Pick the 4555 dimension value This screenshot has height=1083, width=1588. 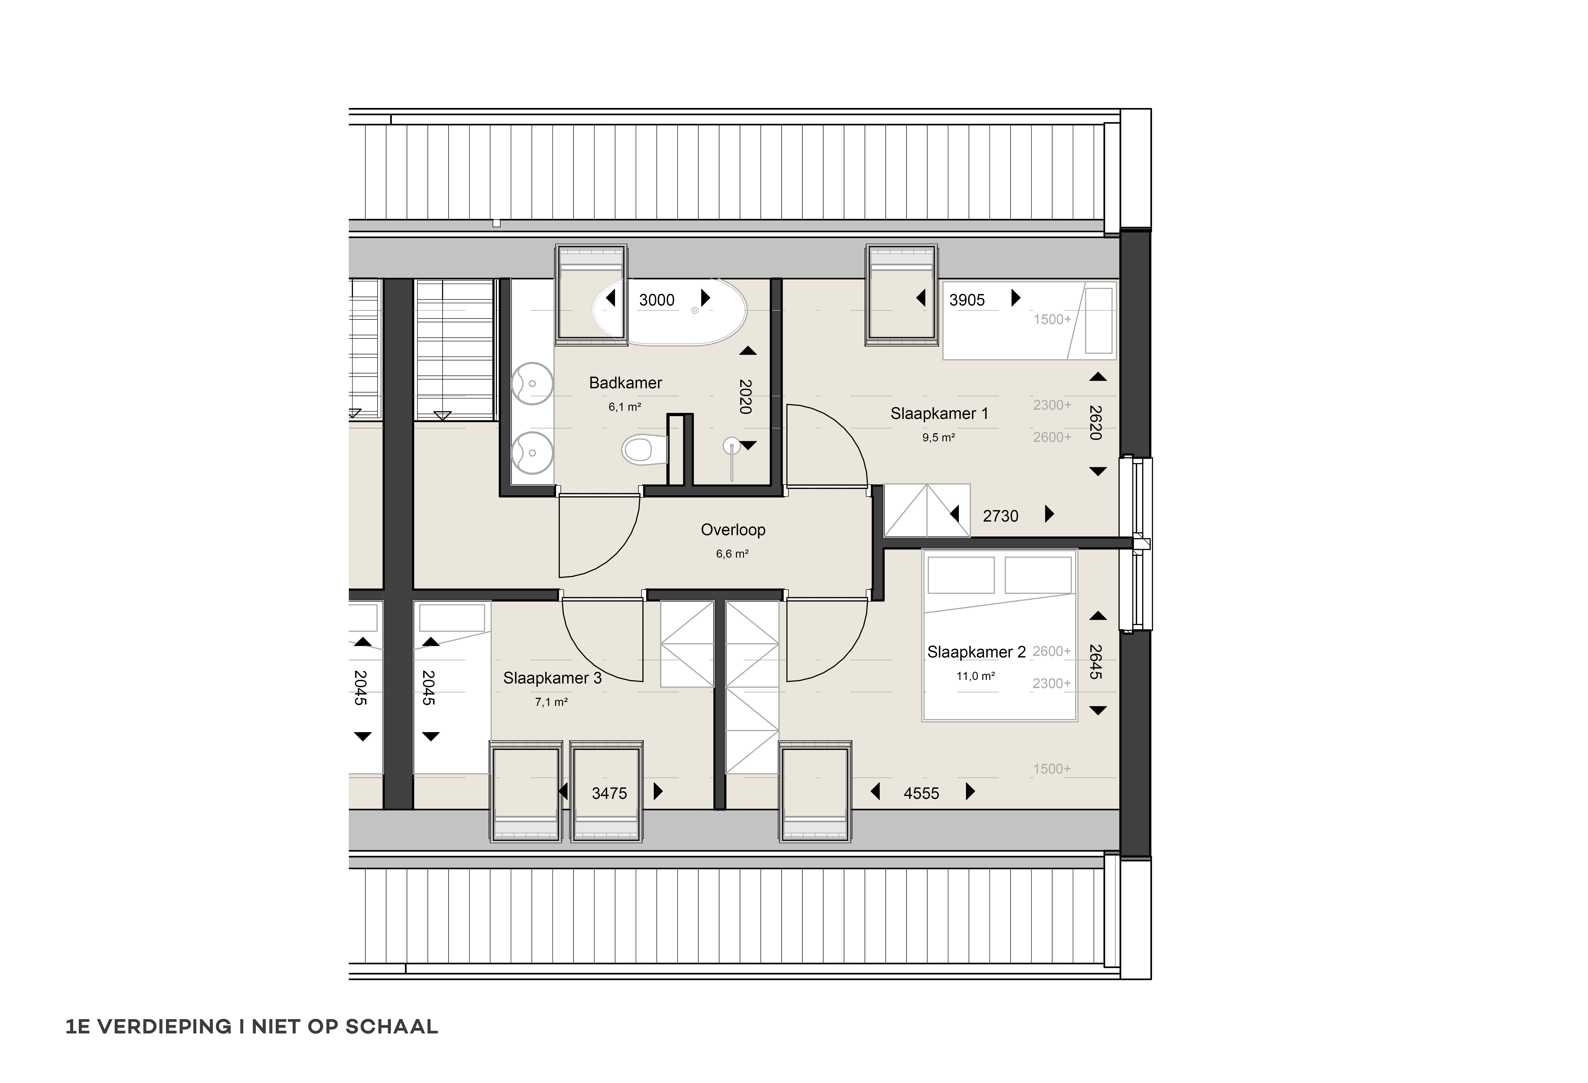[921, 793]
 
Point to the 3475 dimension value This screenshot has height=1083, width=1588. [609, 793]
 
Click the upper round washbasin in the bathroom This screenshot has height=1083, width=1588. [532, 383]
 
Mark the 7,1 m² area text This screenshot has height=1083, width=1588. [551, 702]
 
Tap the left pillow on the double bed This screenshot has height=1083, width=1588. [961, 575]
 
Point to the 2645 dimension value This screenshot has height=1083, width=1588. [1095, 662]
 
